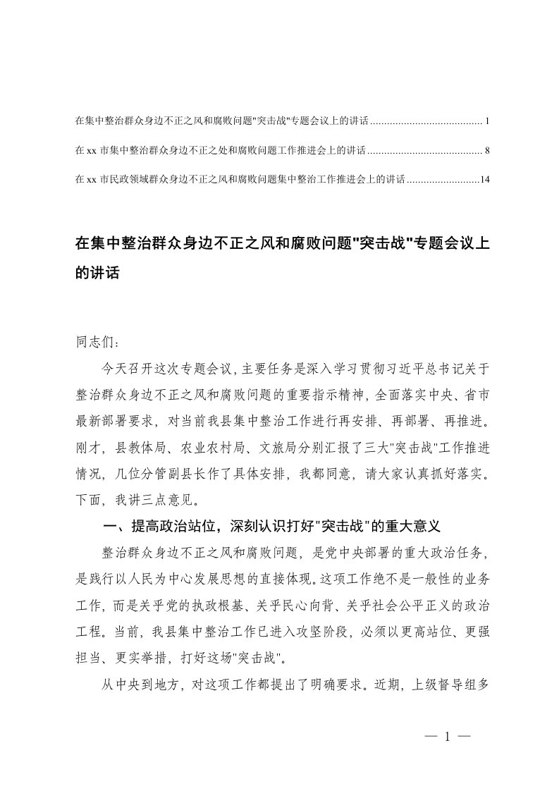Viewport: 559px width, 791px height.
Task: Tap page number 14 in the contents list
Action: coord(484,180)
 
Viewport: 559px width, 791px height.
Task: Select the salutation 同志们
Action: coord(92,343)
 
